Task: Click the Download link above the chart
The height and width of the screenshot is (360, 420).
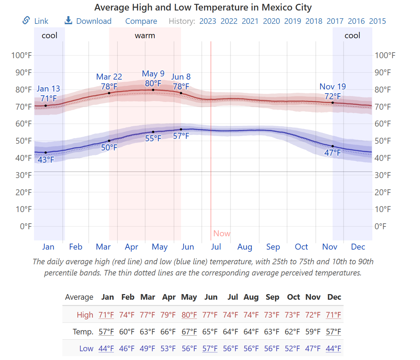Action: coord(93,21)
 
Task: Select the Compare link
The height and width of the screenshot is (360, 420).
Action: coord(141,21)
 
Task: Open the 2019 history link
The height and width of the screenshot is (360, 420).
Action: coord(292,21)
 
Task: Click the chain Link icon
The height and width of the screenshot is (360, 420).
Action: coord(26,20)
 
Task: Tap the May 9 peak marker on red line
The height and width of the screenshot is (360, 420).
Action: coord(153,90)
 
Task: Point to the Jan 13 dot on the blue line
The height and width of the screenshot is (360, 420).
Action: coord(46,152)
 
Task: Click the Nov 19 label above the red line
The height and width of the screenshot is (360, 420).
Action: coord(332,87)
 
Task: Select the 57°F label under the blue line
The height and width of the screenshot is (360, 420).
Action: coord(181,136)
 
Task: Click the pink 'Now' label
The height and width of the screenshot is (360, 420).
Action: coord(222,233)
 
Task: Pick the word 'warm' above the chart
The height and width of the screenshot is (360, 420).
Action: coord(145,36)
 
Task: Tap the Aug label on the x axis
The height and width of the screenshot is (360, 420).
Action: coord(245,247)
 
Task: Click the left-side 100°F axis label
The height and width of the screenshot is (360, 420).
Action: coord(21,55)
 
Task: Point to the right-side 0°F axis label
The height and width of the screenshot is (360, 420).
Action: coord(380,226)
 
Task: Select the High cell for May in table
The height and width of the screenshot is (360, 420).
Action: coord(189,315)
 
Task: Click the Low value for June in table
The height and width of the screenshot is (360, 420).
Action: coord(210,348)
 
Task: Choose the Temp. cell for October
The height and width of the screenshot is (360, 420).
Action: coord(292,332)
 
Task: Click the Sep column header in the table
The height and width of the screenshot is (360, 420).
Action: coord(272,297)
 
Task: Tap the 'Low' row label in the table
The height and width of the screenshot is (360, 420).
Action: coord(86,348)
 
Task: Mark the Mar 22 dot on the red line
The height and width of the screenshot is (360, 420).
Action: coord(109,93)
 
